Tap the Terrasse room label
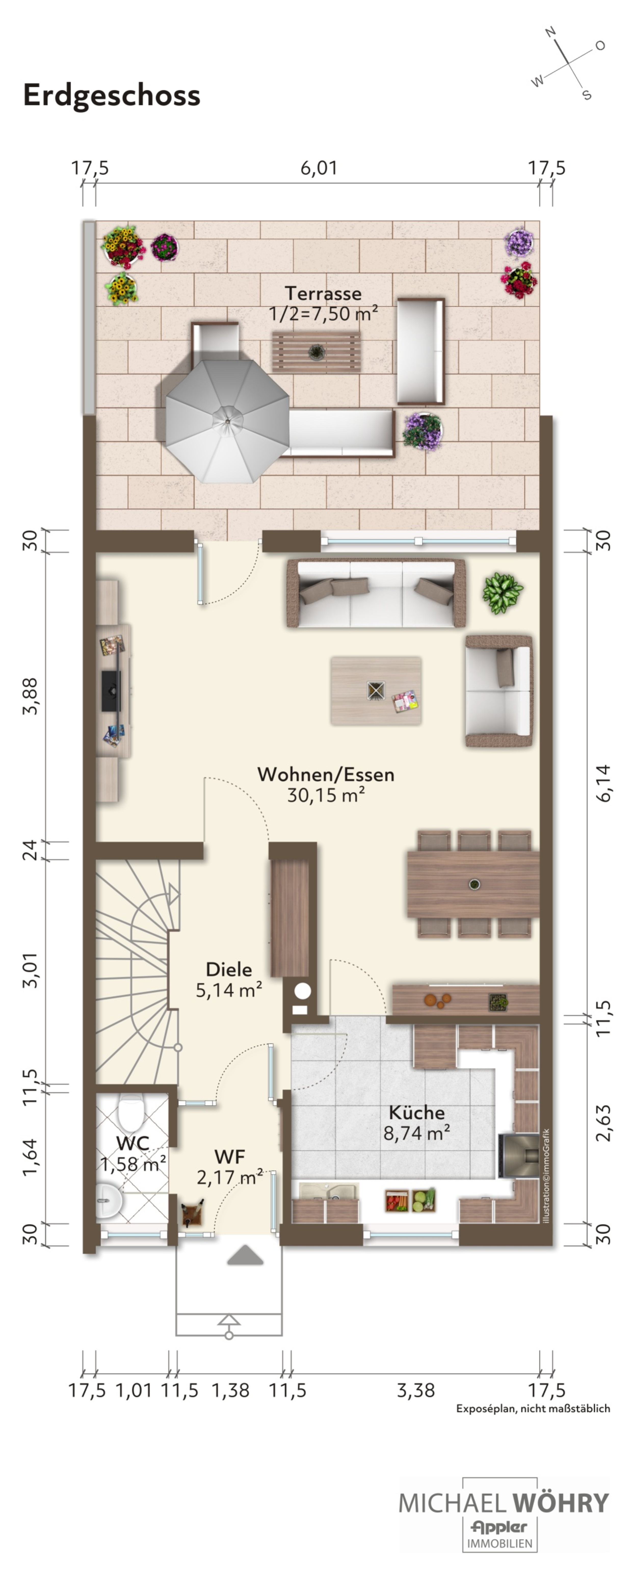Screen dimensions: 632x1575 [x=323, y=293]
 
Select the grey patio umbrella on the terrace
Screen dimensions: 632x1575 [x=227, y=421]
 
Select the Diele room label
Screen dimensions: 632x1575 [x=229, y=969]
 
